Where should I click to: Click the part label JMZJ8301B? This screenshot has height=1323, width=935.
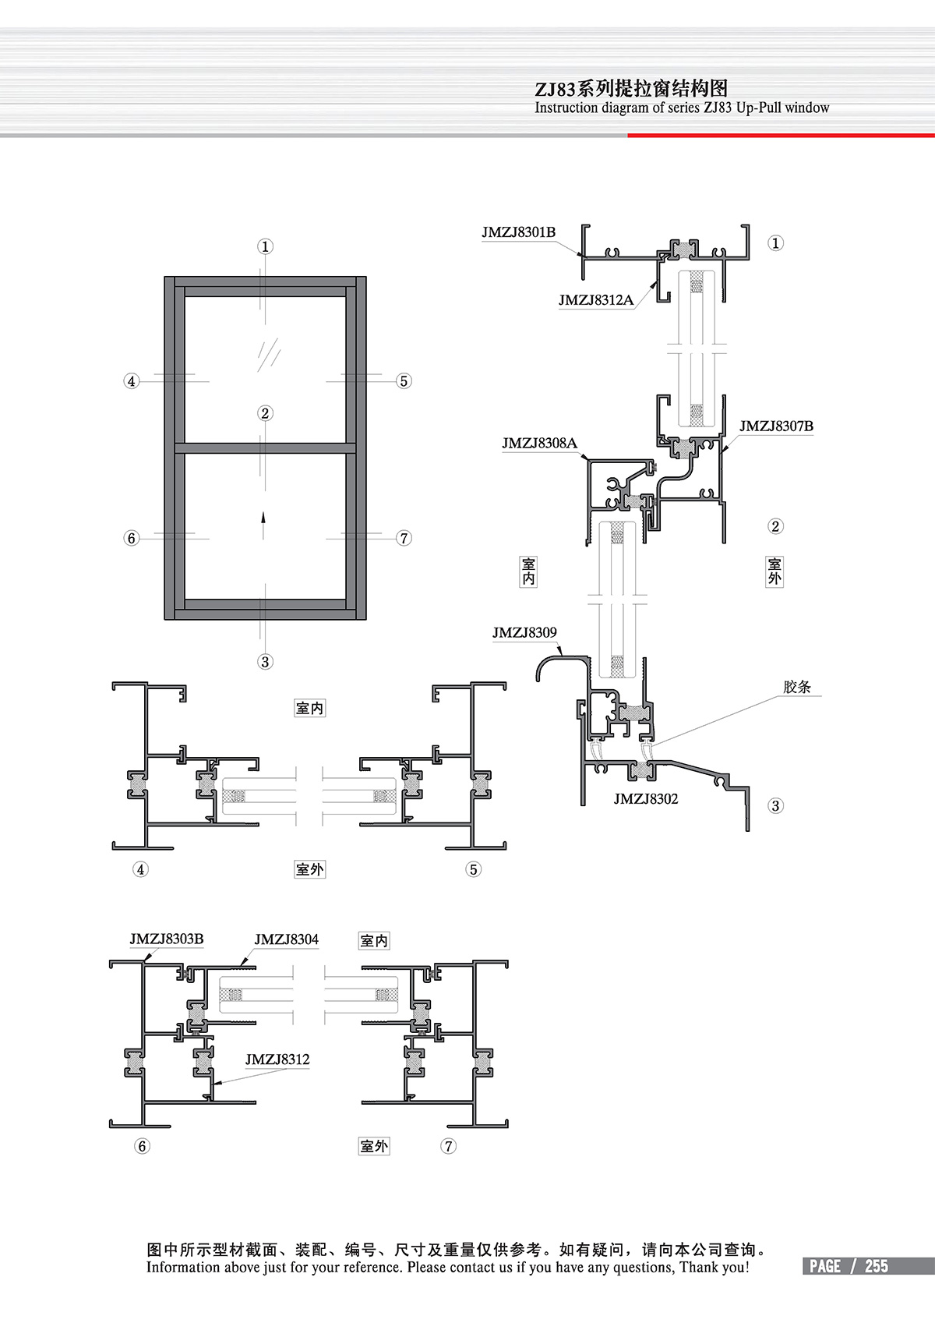(x=518, y=232)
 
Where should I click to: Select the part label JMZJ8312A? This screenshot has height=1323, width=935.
(x=595, y=300)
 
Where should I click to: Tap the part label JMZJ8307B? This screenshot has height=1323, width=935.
(x=776, y=426)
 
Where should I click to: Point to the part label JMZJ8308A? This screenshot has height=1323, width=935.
(x=539, y=443)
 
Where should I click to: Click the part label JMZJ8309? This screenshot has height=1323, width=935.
(x=524, y=632)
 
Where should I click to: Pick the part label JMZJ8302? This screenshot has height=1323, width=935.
(x=646, y=799)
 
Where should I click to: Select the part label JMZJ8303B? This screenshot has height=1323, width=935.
(x=167, y=939)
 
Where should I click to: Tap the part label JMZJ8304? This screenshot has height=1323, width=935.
(x=286, y=939)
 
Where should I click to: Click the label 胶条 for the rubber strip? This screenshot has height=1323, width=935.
(x=797, y=687)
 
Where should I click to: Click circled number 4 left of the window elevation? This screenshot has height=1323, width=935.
(x=132, y=381)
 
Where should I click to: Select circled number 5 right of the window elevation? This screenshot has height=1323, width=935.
(x=404, y=381)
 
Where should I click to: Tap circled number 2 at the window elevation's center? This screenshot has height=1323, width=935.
(x=265, y=413)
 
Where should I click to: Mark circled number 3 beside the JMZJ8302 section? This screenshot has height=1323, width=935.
(x=775, y=805)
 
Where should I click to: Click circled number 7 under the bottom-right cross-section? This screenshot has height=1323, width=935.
(x=449, y=1146)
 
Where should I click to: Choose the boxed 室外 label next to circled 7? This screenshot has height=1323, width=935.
(x=374, y=1146)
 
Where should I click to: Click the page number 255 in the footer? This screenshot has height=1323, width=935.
(x=877, y=1266)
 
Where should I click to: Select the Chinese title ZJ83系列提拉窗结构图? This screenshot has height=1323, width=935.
(x=631, y=89)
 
